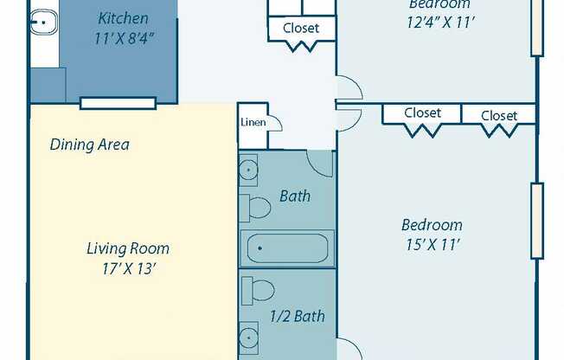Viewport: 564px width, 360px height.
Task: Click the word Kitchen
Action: (123, 18)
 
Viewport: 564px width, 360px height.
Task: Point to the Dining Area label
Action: (89, 145)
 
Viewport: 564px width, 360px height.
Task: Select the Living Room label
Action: (127, 249)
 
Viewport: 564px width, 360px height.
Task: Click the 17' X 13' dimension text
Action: (127, 268)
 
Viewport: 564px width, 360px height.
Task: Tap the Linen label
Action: (252, 122)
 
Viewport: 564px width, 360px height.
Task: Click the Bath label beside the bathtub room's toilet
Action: (295, 196)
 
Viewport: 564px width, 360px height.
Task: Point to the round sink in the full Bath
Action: (249, 170)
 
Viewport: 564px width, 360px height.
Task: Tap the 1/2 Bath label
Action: (297, 316)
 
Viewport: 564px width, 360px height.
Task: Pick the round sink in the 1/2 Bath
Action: (249, 337)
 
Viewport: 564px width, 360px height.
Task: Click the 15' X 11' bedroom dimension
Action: (431, 245)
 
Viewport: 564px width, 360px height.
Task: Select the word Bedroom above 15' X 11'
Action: (432, 225)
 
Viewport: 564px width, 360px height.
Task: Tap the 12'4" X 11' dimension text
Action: (441, 23)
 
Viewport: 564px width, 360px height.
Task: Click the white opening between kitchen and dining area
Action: (118, 103)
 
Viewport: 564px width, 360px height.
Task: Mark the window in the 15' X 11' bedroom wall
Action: (537, 221)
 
